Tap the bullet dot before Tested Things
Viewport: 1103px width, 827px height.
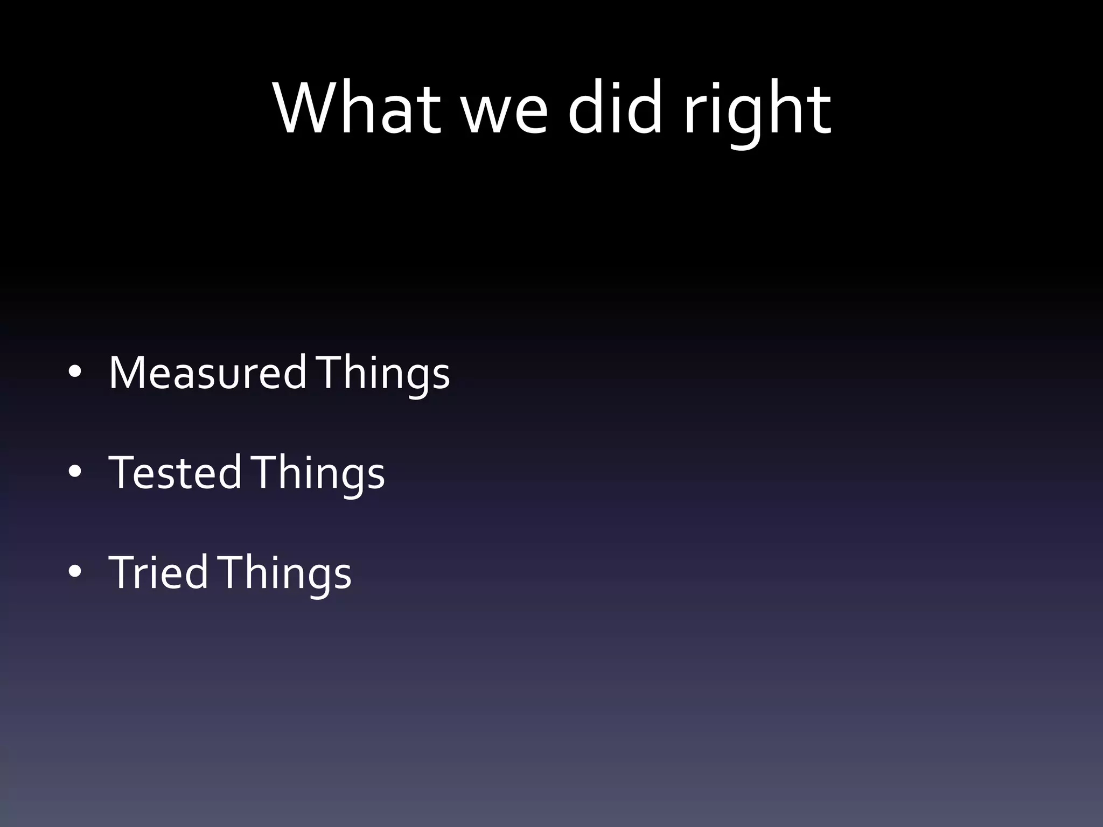tap(75, 472)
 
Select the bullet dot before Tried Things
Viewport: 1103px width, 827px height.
tap(75, 571)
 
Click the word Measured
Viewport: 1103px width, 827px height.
tap(207, 373)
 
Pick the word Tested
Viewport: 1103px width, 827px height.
tap(174, 473)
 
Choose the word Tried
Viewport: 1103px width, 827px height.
tap(158, 572)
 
